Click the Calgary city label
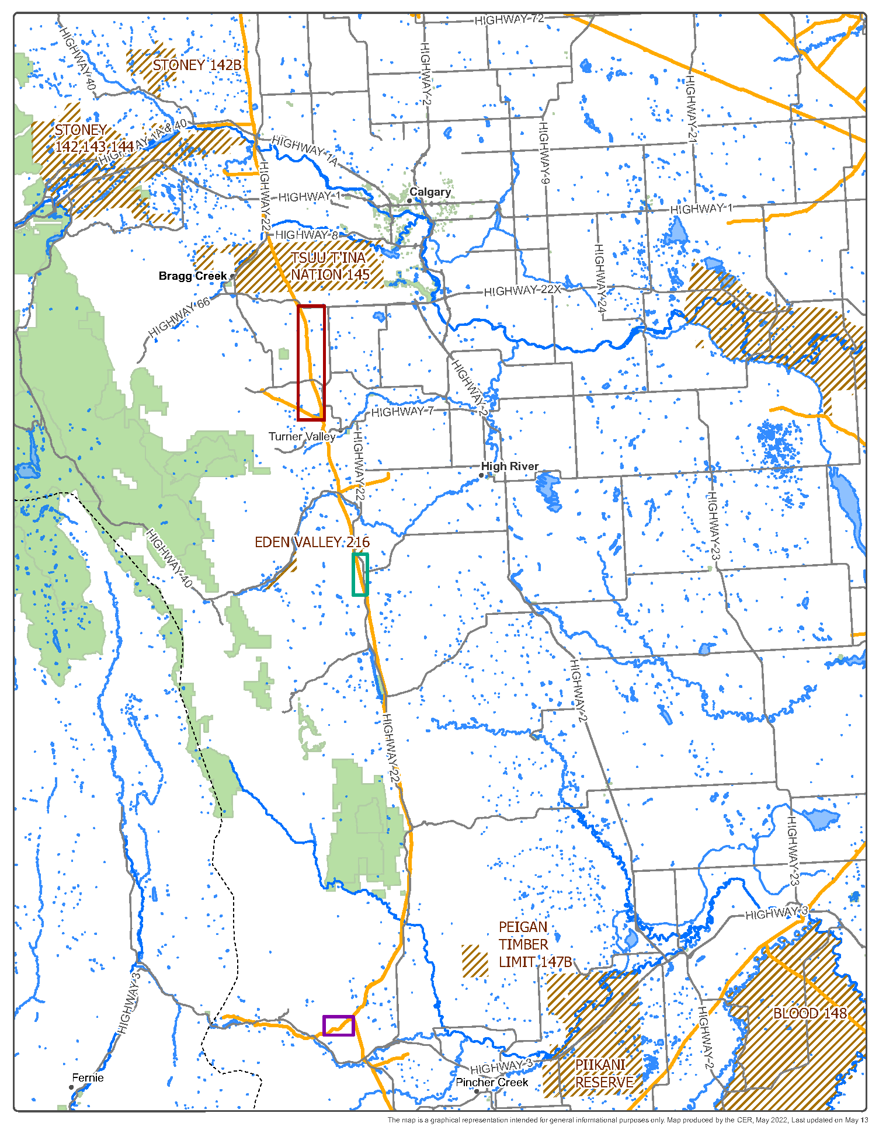point(430,192)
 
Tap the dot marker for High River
point(482,476)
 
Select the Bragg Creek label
point(192,276)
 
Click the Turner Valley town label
point(302,436)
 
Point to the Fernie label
point(88,1077)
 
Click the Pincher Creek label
point(492,1082)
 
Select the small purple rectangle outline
point(339,1025)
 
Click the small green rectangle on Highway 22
point(360,575)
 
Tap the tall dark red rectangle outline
point(311,363)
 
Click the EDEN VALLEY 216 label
point(312,543)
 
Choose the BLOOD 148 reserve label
point(809,1013)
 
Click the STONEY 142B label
point(197,65)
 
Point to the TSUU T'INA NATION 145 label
point(330,266)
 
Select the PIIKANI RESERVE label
point(604,1073)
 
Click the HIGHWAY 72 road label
point(509,19)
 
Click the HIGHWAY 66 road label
point(179,318)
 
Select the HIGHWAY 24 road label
point(599,278)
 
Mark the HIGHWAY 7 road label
point(402,412)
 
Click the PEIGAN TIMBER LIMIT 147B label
point(534,944)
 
